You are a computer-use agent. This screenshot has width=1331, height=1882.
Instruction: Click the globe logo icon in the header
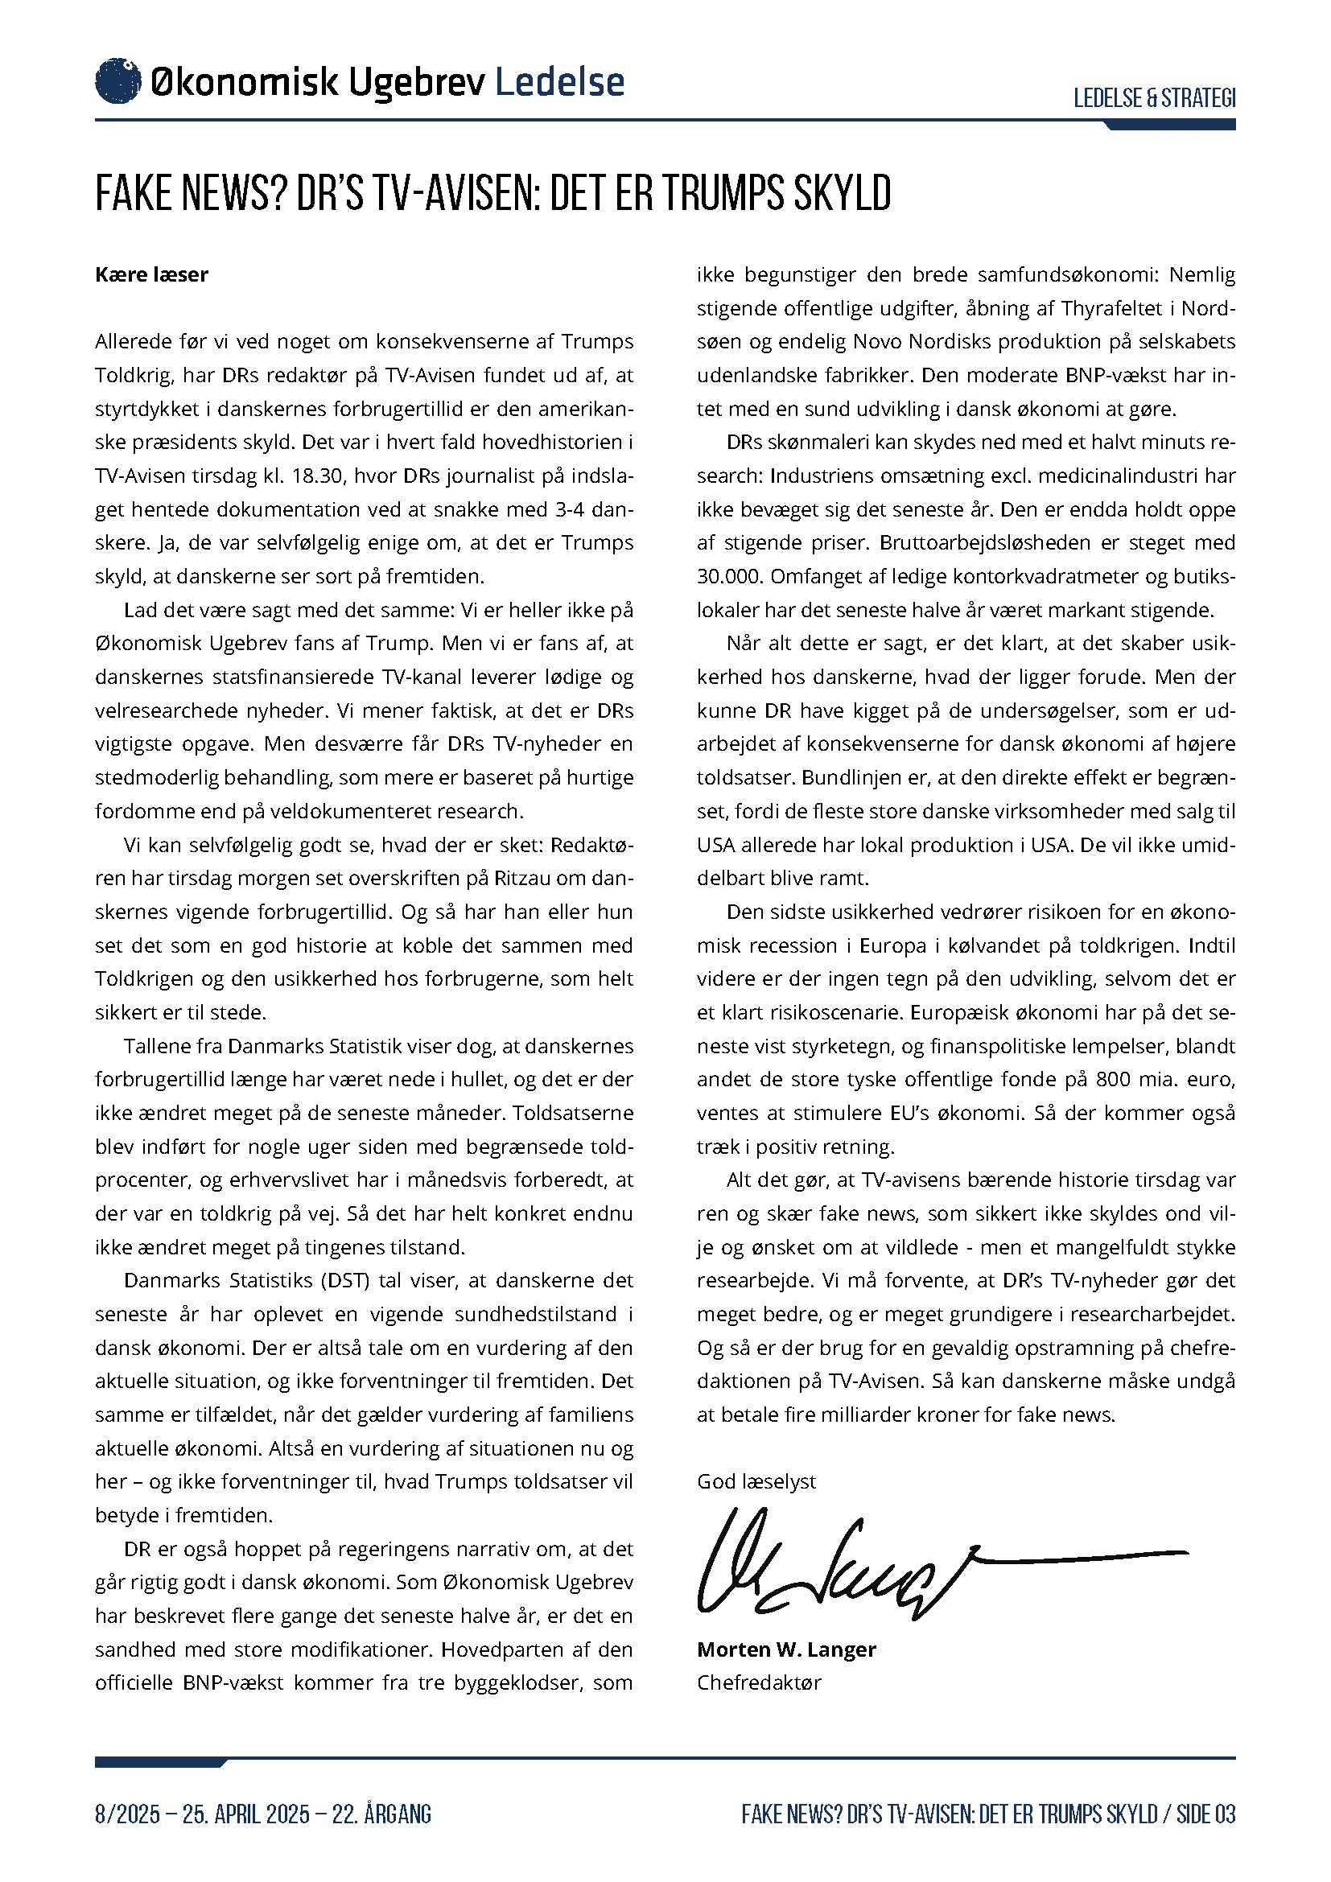pyautogui.click(x=118, y=81)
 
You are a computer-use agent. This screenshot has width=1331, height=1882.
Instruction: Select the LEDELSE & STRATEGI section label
pyautogui.click(x=1154, y=98)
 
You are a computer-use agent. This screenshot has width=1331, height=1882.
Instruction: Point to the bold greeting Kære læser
pyautogui.click(x=151, y=274)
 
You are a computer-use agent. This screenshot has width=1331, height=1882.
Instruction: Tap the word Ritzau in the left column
pyautogui.click(x=521, y=879)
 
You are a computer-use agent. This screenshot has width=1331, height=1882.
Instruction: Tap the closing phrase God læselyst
pyautogui.click(x=756, y=1481)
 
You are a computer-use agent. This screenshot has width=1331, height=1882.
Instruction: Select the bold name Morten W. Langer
pyautogui.click(x=786, y=1649)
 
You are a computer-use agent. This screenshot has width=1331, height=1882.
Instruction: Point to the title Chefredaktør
pyautogui.click(x=759, y=1682)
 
